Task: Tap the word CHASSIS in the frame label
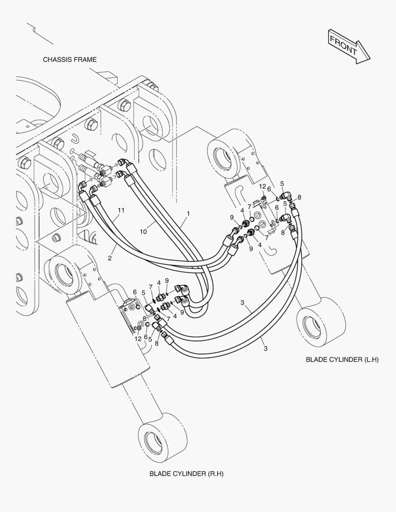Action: pos(57,60)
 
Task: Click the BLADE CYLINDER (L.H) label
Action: pos(342,360)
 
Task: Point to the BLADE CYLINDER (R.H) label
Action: pos(186,474)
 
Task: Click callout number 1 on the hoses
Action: pos(188,214)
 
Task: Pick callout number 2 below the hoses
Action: pos(110,258)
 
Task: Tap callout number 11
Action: pos(121,210)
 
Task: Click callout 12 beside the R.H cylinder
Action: pos(138,338)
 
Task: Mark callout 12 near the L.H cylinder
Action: pos(262,186)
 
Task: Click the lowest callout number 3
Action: pos(266,348)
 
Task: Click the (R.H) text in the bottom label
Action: pos(215,474)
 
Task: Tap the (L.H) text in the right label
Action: pos(370,360)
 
